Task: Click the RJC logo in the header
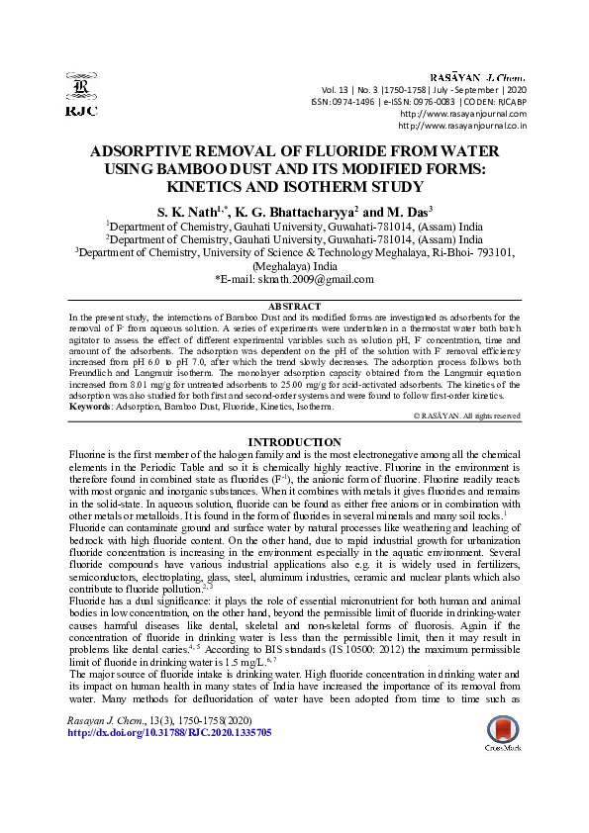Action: pos(80,95)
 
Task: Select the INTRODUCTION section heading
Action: pos(294,441)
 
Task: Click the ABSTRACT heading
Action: pos(294,307)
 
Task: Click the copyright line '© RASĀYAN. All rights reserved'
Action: pos(465,417)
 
